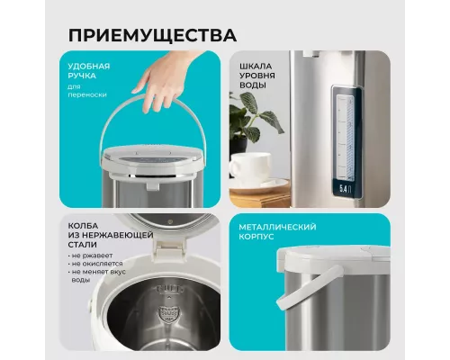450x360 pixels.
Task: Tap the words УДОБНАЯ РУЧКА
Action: click(x=90, y=72)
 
